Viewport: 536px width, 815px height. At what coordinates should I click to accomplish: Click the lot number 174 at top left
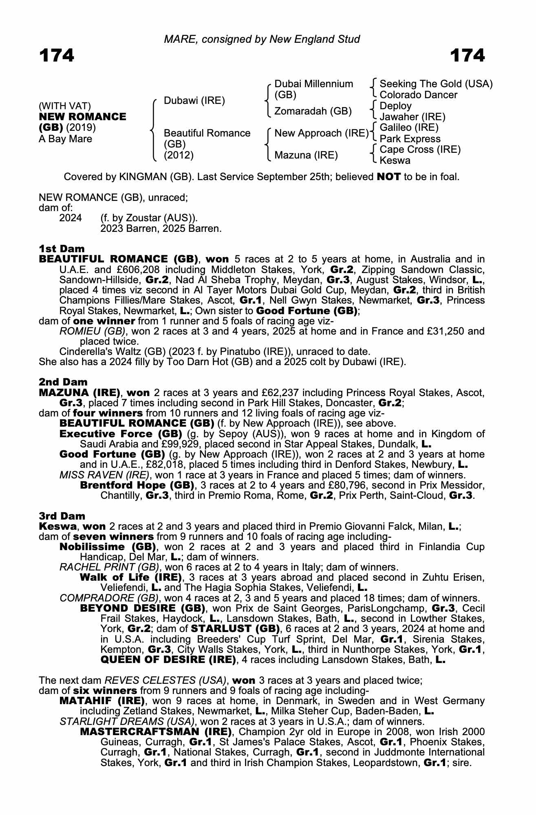(x=57, y=55)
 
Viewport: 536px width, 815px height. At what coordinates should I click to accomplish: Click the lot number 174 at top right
(x=467, y=55)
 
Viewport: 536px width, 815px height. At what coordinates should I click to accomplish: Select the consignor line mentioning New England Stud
(x=262, y=39)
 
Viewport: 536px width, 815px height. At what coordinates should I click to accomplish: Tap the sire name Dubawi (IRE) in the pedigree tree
(x=194, y=101)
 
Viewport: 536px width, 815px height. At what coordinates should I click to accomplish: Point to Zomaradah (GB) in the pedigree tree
(x=313, y=111)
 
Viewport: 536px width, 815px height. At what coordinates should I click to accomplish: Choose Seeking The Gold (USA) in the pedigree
(x=436, y=84)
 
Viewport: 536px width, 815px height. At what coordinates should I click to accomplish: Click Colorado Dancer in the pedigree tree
(x=418, y=95)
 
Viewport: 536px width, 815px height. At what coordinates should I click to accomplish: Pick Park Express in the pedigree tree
(x=410, y=139)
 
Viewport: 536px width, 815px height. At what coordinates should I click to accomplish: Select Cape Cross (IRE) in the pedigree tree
(x=420, y=150)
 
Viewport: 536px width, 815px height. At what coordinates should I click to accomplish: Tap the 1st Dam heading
(x=62, y=249)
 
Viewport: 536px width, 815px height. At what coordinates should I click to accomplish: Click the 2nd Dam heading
(x=63, y=382)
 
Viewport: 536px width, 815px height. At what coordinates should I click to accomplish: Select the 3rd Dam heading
(x=62, y=516)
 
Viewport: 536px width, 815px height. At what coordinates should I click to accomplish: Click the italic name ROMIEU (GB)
(x=93, y=331)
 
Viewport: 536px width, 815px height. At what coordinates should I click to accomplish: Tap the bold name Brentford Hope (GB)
(x=137, y=485)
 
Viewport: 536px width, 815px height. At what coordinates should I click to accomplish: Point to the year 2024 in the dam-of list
(x=70, y=218)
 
